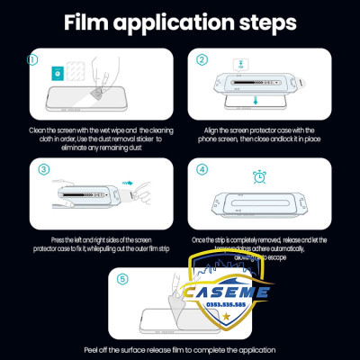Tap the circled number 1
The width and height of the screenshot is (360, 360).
click(x=34, y=60)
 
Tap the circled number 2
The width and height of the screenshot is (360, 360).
click(x=202, y=60)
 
